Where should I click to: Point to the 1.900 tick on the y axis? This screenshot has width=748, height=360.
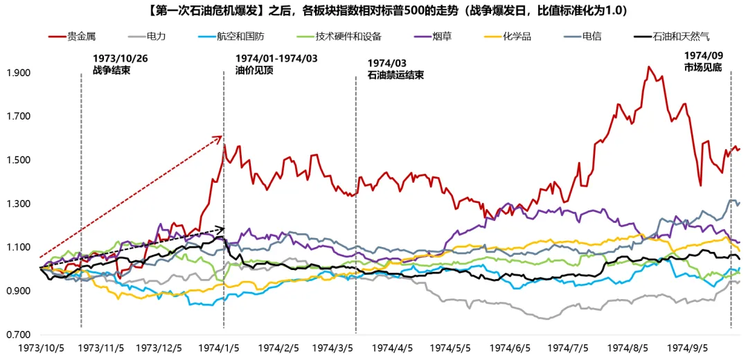(19, 73)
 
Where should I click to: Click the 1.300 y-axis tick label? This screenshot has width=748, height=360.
(19, 204)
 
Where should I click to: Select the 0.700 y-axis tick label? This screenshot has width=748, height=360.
(19, 335)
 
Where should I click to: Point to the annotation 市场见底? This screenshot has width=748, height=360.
(703, 67)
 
